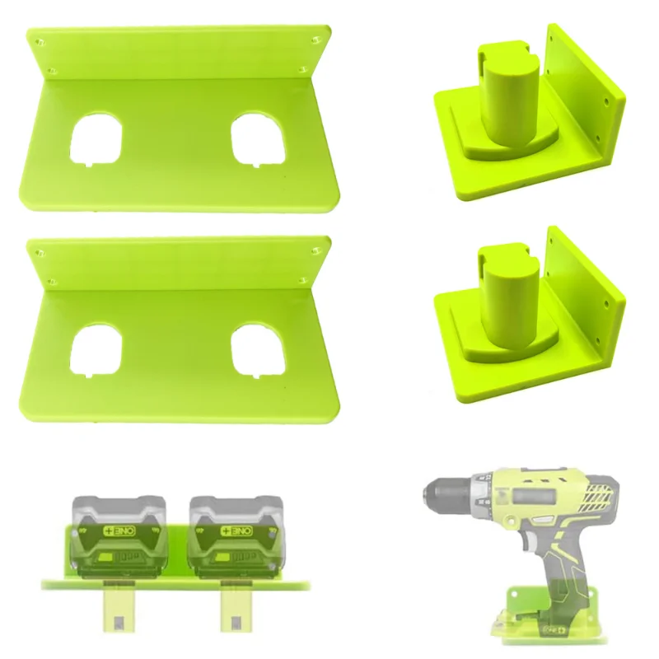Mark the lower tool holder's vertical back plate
(x=587, y=301)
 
